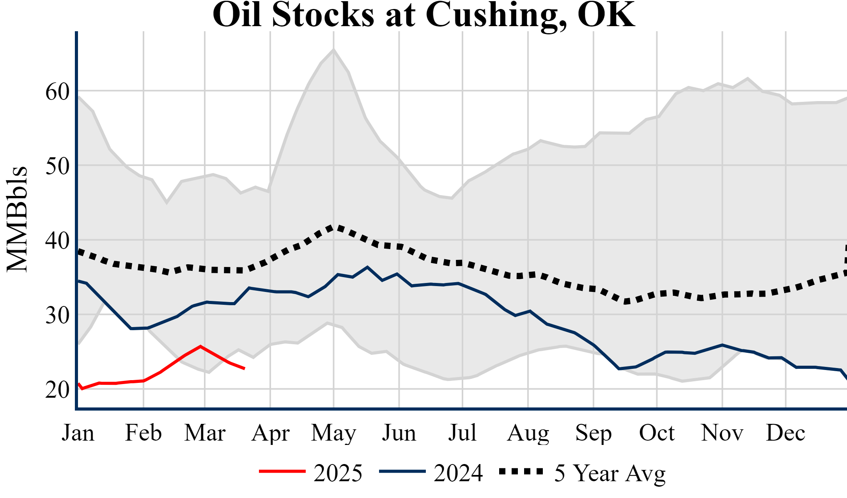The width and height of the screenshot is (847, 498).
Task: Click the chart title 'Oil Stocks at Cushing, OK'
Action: [423, 15]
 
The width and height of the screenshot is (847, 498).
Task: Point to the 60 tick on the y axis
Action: [57, 92]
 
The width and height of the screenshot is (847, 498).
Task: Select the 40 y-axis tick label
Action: [57, 241]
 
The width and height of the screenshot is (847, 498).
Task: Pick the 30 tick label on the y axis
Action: [57, 315]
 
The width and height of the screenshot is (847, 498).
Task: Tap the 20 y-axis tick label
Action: [57, 390]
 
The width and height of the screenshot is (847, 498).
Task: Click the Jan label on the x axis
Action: [78, 433]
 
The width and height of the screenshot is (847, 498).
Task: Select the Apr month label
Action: [270, 433]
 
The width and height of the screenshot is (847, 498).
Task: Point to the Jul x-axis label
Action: [462, 433]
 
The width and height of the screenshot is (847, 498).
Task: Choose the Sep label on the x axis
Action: [593, 433]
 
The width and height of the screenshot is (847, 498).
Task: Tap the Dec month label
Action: [785, 433]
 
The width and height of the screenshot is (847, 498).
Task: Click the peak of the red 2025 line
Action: [200, 346]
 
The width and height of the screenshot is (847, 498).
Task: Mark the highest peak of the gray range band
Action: [333, 50]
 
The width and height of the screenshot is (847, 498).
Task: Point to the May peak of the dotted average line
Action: [332, 227]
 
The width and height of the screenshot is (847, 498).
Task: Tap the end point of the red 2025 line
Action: [244, 368]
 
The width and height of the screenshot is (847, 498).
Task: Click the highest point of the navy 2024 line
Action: [367, 267]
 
